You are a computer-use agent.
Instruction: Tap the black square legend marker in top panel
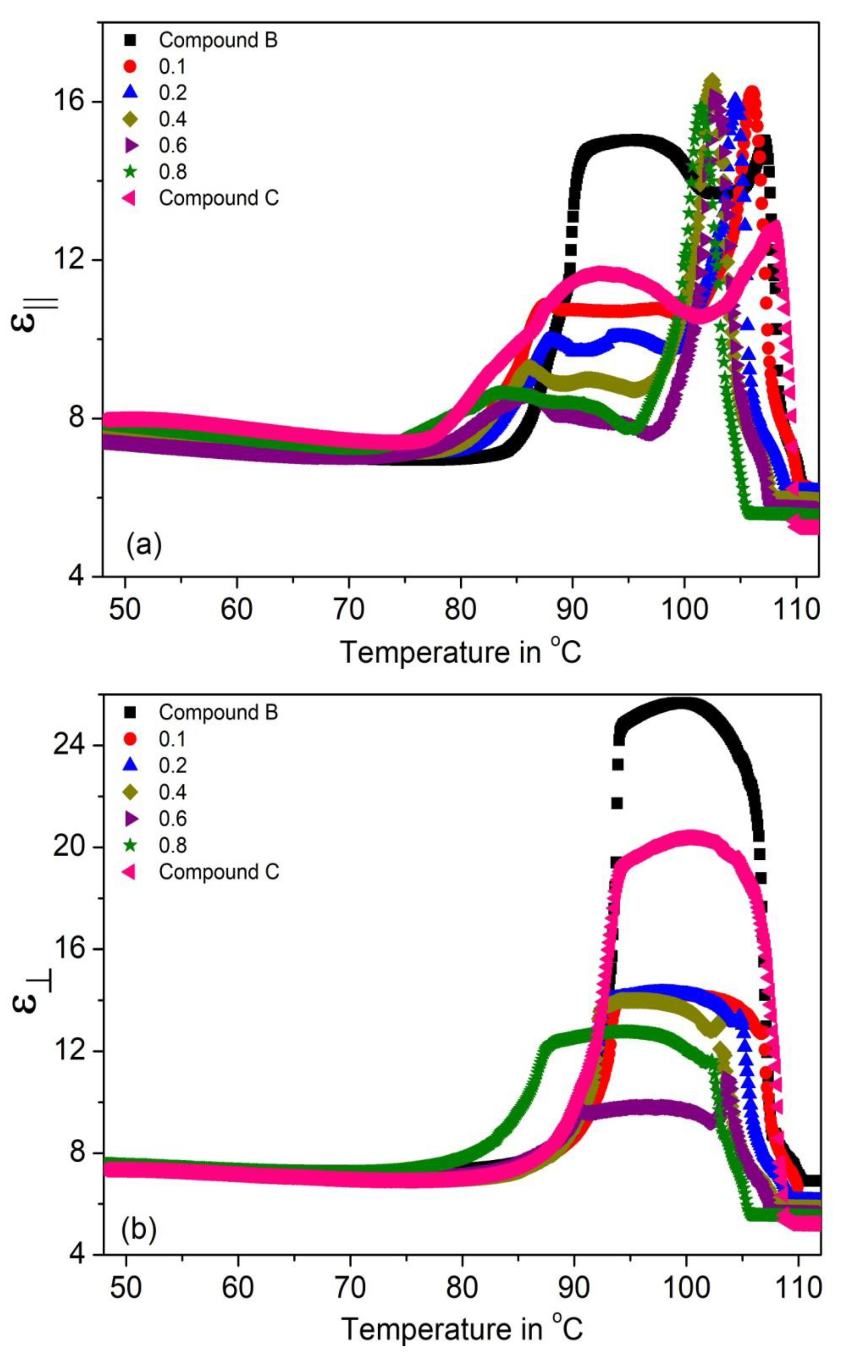[131, 40]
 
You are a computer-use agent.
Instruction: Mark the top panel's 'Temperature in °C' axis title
[460, 652]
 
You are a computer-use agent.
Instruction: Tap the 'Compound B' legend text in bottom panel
[218, 712]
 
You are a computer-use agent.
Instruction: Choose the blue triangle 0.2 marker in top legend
[131, 92]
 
